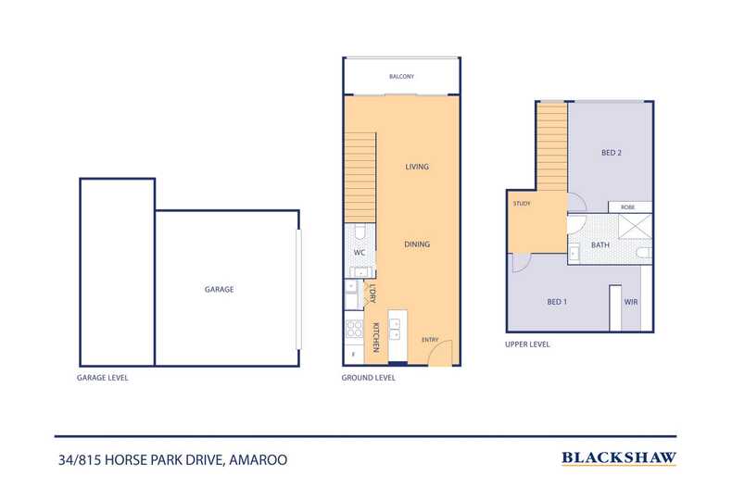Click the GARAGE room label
coord(219,289)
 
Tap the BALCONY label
coord(402,77)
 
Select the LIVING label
coord(417,167)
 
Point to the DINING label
coord(417,244)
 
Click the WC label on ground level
coord(358,252)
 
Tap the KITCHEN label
coord(376,338)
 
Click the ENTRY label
coord(429,340)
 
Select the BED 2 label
coord(611,153)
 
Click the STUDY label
coord(521,203)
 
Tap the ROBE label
coord(628,207)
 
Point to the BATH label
coord(600,245)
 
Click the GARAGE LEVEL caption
coord(103,378)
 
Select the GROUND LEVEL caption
coord(369,378)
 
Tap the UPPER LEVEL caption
coord(528,344)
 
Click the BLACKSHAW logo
coord(619,457)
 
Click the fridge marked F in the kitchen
coord(352,355)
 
